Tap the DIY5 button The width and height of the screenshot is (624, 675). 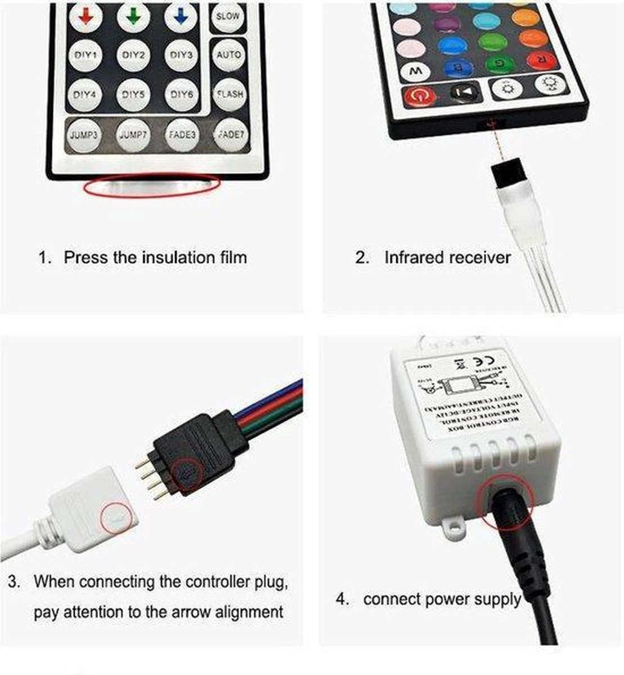click(x=133, y=94)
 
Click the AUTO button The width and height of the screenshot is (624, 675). click(x=228, y=55)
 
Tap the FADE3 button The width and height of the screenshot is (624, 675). click(x=182, y=135)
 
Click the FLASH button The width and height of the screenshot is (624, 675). click(x=229, y=94)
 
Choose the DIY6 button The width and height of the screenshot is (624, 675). click(x=181, y=94)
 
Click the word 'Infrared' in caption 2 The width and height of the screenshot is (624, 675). click(x=414, y=258)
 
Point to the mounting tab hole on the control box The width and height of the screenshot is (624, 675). click(x=451, y=526)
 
